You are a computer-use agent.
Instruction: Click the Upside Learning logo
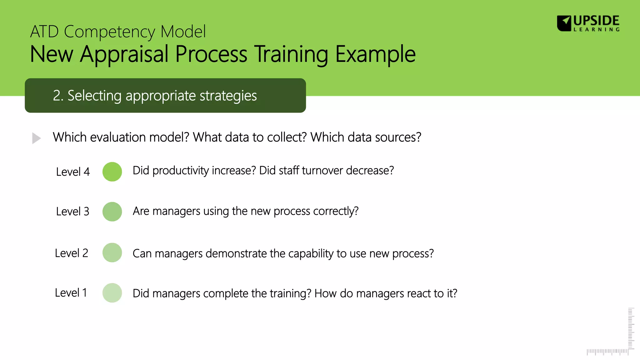click(588, 23)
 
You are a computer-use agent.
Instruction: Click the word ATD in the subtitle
click(44, 32)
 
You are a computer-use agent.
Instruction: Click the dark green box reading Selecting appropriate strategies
click(165, 95)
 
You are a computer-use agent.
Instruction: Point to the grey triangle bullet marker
click(36, 138)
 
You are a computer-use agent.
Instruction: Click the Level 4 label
click(73, 172)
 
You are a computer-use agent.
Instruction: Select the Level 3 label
click(72, 212)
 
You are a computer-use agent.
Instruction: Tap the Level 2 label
click(72, 253)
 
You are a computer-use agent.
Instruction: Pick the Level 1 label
click(71, 293)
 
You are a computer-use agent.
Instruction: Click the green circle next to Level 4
click(112, 172)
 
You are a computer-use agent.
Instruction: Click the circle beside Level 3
click(112, 212)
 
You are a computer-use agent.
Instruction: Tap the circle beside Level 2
click(112, 252)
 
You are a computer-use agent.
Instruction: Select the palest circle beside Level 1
click(112, 293)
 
